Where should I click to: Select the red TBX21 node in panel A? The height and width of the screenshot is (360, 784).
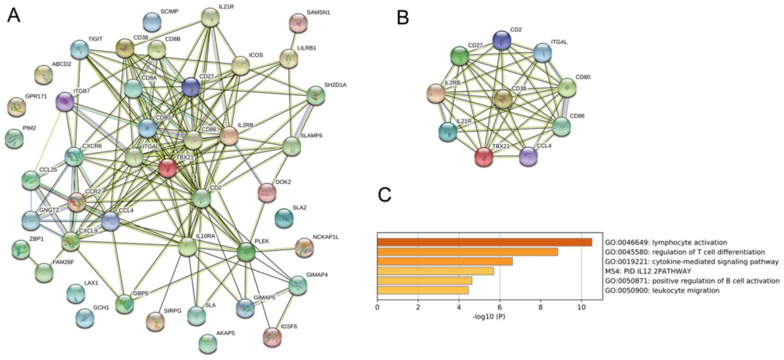point(168,168)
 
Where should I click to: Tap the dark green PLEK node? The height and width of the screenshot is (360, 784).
point(246,252)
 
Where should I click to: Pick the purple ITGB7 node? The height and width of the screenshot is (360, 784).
point(65,101)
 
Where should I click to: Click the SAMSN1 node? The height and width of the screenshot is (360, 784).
point(298,23)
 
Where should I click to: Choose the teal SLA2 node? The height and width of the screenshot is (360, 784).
point(284,218)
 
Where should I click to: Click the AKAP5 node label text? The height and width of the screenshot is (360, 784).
point(226,333)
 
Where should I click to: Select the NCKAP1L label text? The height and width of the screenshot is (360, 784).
point(326,237)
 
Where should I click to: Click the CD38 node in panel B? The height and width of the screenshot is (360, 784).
point(503,99)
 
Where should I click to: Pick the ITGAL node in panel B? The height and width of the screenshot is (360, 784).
point(543,52)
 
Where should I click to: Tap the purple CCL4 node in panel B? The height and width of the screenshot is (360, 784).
point(528,156)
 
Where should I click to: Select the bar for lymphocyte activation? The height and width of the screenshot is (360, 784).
point(484,242)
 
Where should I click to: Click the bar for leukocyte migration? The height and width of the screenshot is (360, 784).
point(423,290)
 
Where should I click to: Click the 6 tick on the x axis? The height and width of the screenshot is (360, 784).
point(500,307)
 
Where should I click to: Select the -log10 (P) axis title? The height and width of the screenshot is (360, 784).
point(489,317)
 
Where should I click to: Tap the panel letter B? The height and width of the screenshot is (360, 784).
point(403,18)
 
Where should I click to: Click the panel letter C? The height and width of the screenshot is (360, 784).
point(385,195)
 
